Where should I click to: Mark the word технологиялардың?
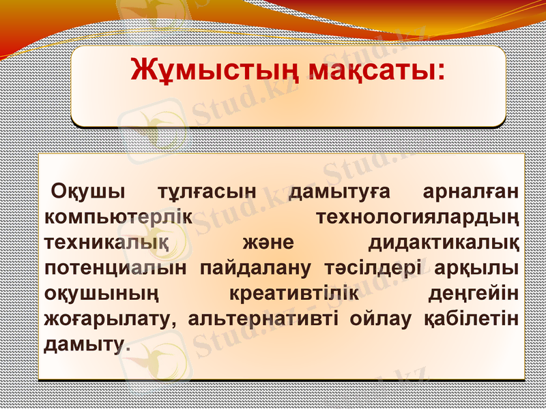click(418, 218)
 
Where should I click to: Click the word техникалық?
click(107, 243)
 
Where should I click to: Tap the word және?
click(268, 243)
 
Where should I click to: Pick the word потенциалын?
click(115, 269)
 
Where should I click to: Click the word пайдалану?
click(255, 269)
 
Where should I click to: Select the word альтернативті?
click(265, 319)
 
